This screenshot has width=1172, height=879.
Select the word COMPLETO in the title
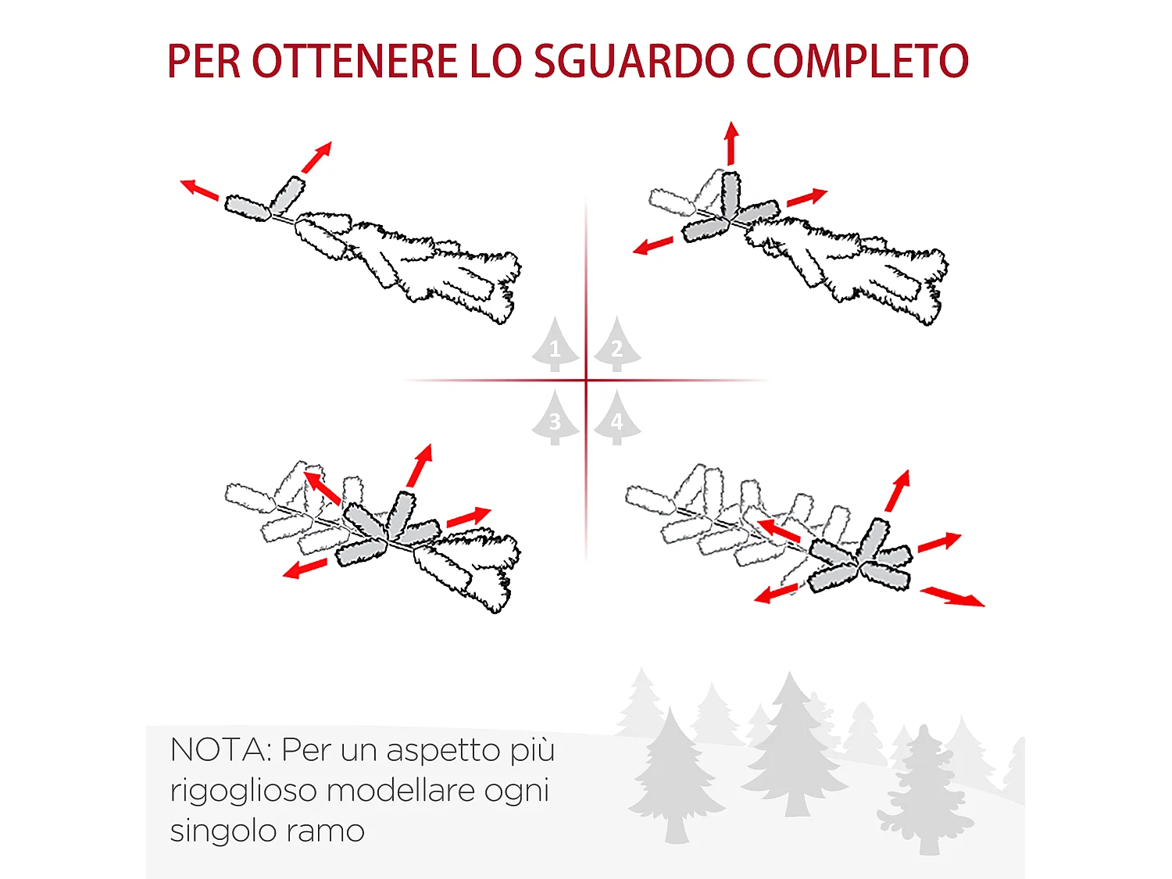(x=857, y=61)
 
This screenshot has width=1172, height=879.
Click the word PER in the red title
(x=204, y=61)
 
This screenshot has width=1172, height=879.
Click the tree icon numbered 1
(x=555, y=345)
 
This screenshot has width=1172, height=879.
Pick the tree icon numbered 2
(x=616, y=345)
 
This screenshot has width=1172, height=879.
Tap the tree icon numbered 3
(x=555, y=418)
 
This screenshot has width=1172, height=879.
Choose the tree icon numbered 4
(x=616, y=418)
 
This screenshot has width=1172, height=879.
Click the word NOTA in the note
(x=218, y=749)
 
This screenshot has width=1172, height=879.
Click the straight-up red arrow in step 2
(x=731, y=143)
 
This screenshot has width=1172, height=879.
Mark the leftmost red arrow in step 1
(x=199, y=190)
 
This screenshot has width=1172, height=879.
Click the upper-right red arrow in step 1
(x=317, y=157)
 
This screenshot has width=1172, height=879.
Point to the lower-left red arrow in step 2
(x=653, y=245)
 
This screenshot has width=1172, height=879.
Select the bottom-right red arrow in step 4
(x=952, y=597)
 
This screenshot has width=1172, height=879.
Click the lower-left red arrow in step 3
(x=305, y=569)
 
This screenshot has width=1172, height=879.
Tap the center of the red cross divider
(x=586, y=381)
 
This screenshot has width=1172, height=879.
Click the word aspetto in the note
(x=443, y=750)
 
